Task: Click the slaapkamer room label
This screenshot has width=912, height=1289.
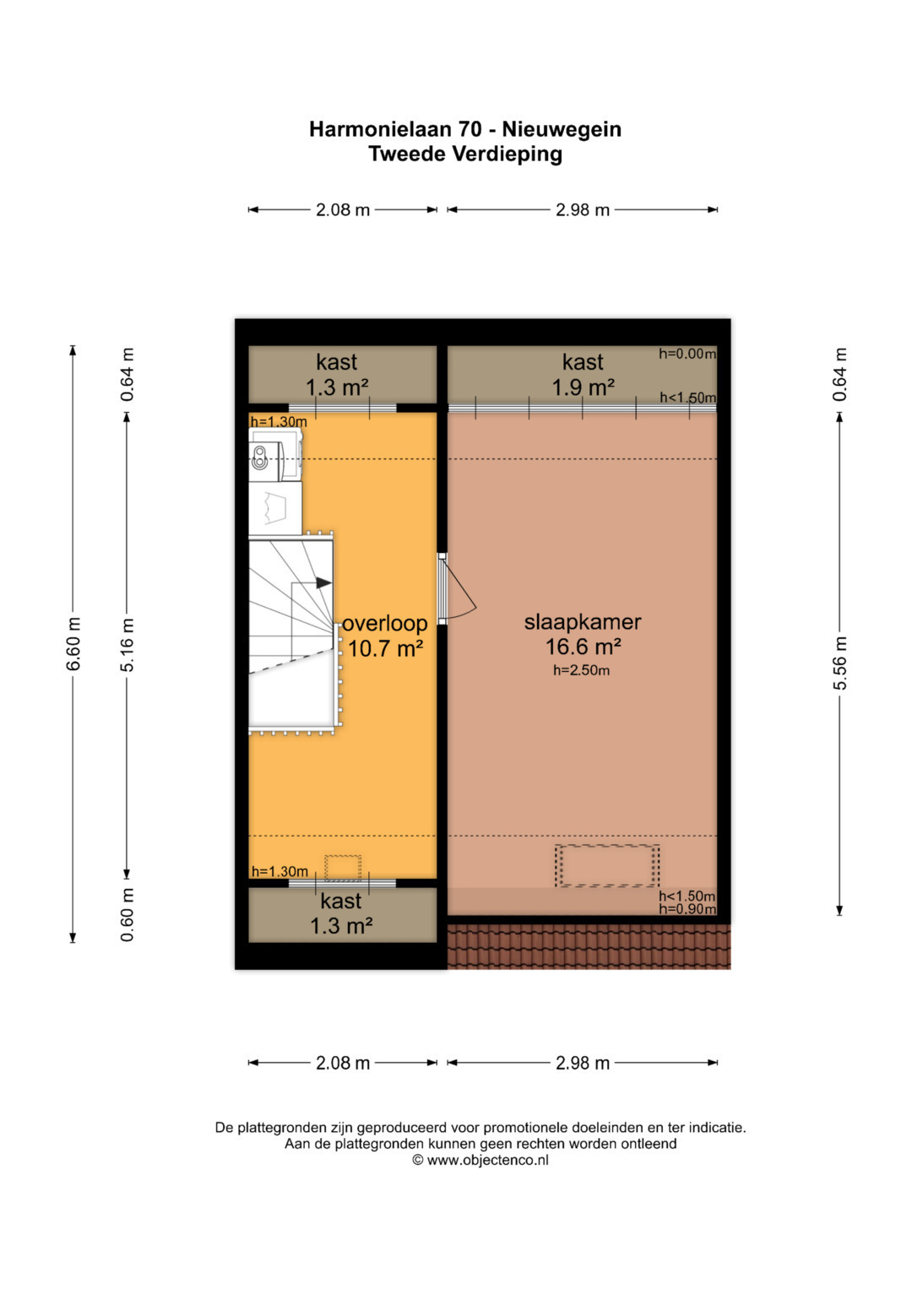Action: pyautogui.click(x=582, y=622)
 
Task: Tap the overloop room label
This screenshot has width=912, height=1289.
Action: pyautogui.click(x=385, y=623)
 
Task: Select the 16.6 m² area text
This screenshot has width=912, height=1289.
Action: pyautogui.click(x=583, y=647)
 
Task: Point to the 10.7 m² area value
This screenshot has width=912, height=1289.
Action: pyautogui.click(x=385, y=648)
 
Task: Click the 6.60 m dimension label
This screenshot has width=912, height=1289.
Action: pyautogui.click(x=73, y=644)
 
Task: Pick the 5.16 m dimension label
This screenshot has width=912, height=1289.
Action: pyautogui.click(x=127, y=645)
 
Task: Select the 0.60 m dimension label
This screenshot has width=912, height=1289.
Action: pyautogui.click(x=127, y=914)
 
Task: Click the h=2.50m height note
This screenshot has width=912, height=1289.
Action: pyautogui.click(x=582, y=670)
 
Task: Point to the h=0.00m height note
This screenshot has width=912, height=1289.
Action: pyautogui.click(x=687, y=354)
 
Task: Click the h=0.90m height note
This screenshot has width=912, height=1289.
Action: pyautogui.click(x=687, y=909)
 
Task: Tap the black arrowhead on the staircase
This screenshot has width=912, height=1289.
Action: pyautogui.click(x=323, y=583)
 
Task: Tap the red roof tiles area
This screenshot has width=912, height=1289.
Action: pyautogui.click(x=589, y=946)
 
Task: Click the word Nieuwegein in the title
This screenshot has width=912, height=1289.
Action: pyautogui.click(x=562, y=129)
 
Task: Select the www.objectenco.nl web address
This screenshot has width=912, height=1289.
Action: pyautogui.click(x=488, y=1160)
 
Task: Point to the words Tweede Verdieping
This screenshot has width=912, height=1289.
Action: pyautogui.click(x=465, y=154)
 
